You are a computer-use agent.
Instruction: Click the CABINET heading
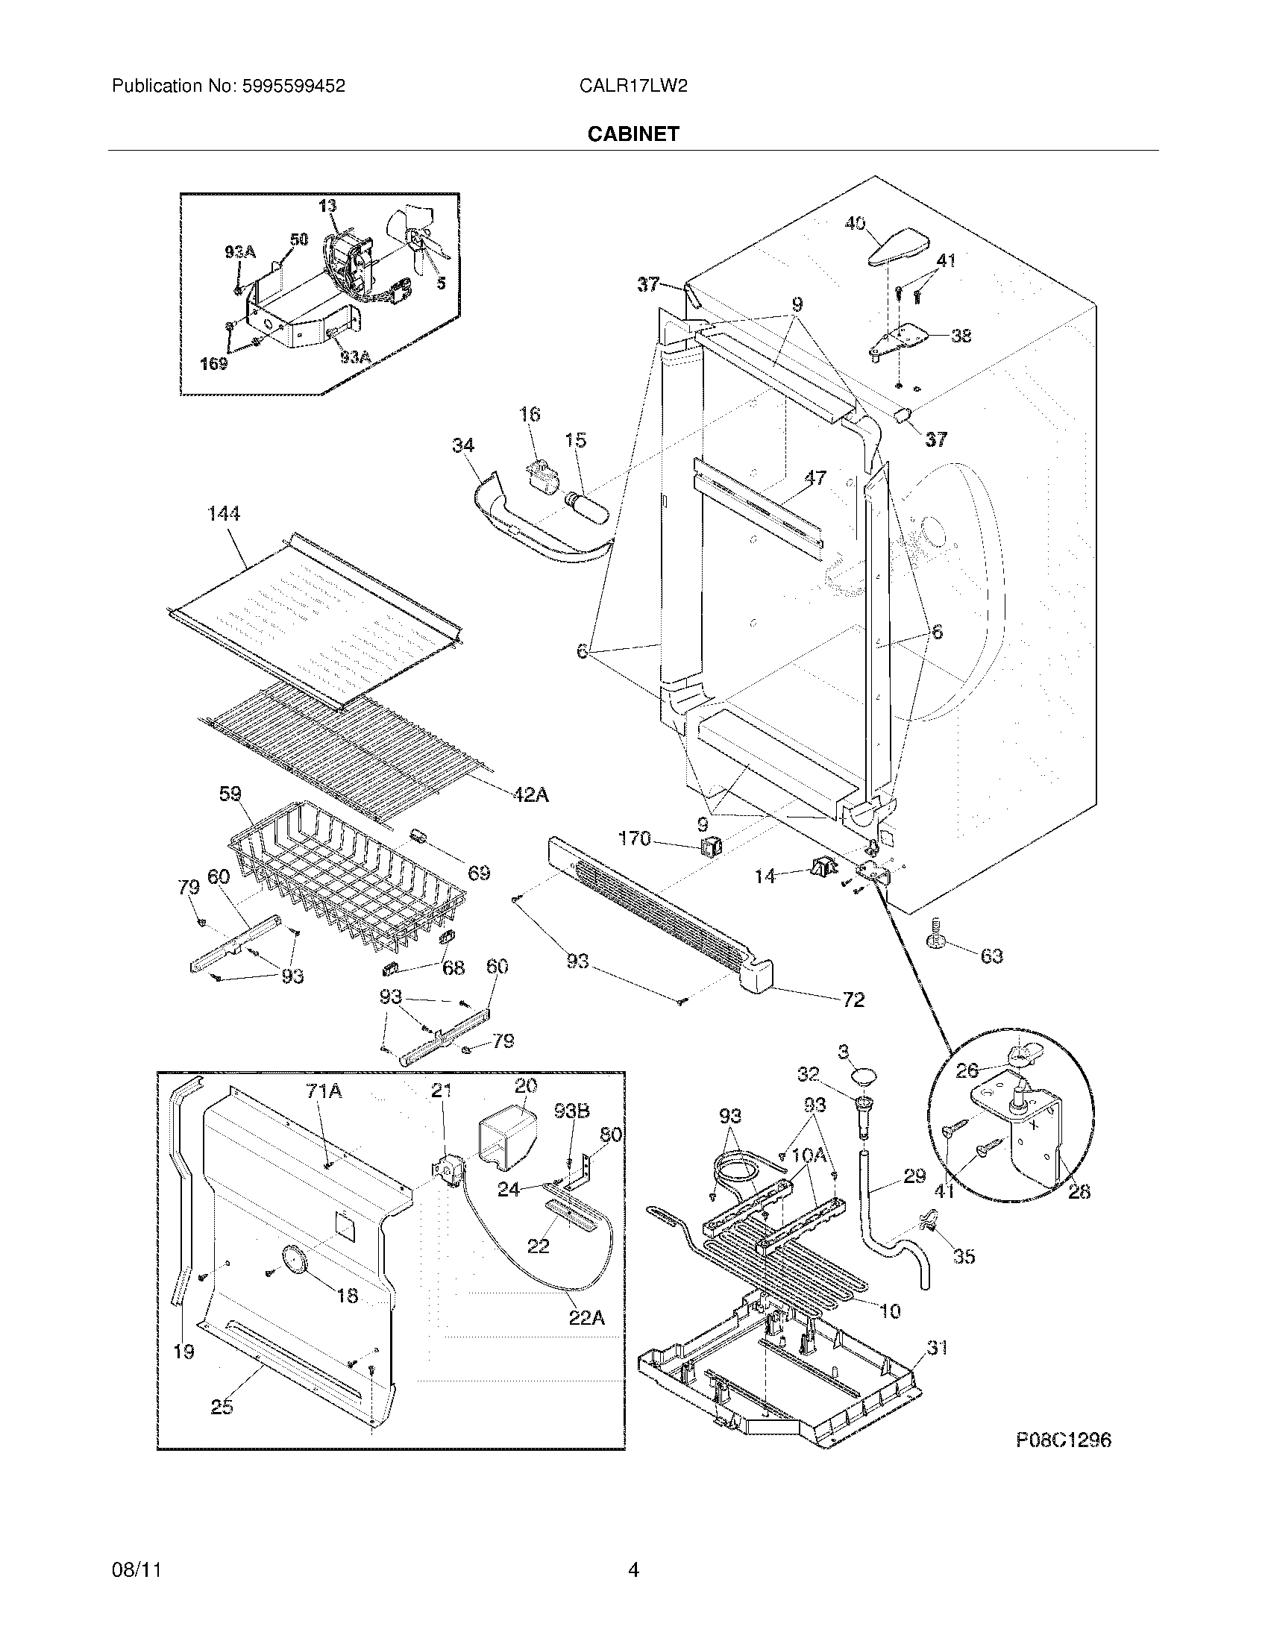(x=633, y=134)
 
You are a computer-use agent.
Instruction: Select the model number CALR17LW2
(x=633, y=87)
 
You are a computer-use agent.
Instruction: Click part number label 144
(x=224, y=513)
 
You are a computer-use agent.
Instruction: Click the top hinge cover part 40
(x=897, y=247)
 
